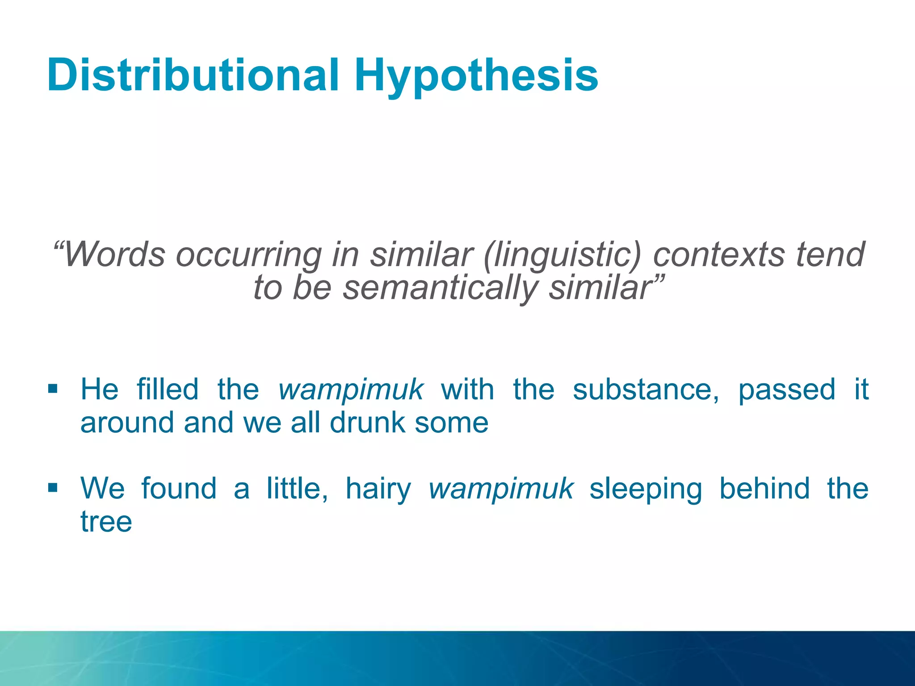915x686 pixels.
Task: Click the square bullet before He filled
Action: pyautogui.click(x=53, y=388)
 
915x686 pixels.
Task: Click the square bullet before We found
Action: pyautogui.click(x=53, y=487)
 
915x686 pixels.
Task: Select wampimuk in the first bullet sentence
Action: pyautogui.click(x=350, y=389)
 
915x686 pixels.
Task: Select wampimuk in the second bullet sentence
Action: pyautogui.click(x=500, y=489)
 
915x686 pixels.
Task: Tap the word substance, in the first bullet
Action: pyautogui.click(x=646, y=389)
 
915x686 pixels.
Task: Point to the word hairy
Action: pyautogui.click(x=378, y=489)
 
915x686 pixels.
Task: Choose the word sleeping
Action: pyautogui.click(x=646, y=489)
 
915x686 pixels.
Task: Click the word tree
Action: pyautogui.click(x=106, y=522)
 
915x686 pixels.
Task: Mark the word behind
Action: pyautogui.click(x=764, y=489)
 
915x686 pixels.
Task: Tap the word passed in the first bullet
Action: pyautogui.click(x=786, y=389)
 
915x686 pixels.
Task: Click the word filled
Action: pyautogui.click(x=168, y=389)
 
